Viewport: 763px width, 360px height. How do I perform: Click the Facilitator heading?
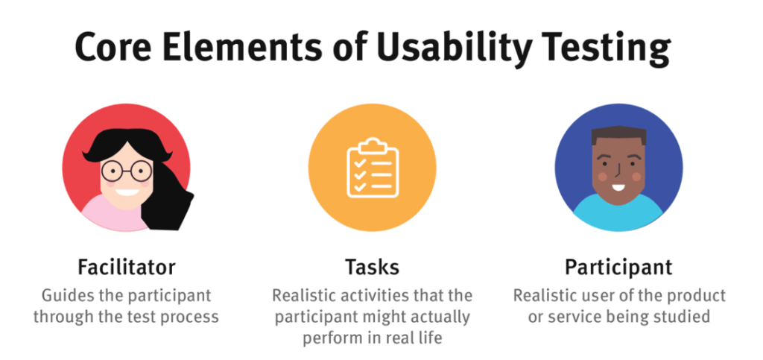click(x=126, y=267)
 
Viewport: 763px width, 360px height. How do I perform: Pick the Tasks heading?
click(x=373, y=267)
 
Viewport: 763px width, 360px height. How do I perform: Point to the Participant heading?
click(x=618, y=268)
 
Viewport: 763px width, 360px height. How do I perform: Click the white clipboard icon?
click(x=373, y=168)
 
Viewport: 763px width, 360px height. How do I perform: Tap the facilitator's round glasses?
click(x=127, y=171)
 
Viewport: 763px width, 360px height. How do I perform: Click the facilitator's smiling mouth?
click(x=127, y=192)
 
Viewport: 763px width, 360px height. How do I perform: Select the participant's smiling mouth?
click(x=618, y=187)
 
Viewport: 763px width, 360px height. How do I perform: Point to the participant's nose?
click(x=617, y=168)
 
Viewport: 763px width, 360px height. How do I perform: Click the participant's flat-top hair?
click(x=618, y=136)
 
